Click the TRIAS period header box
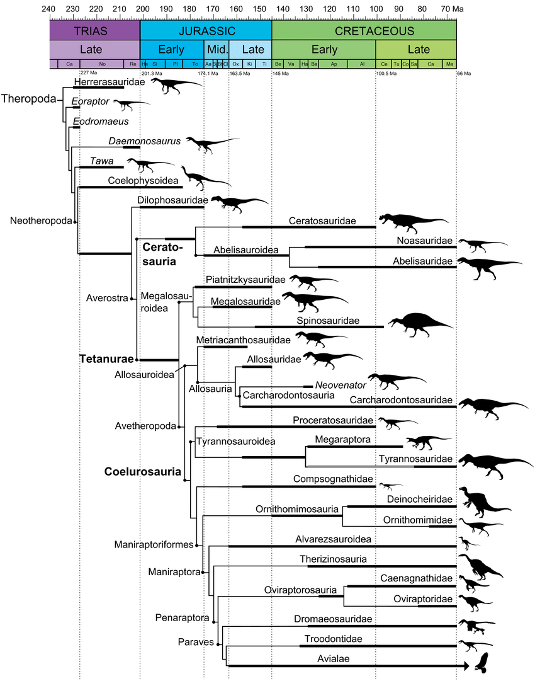(94, 31)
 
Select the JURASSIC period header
(206, 31)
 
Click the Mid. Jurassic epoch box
(216, 50)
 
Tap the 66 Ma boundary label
(464, 73)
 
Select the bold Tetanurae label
(107, 359)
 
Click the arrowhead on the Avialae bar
(466, 665)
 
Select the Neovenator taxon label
(340, 385)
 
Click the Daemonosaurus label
(145, 141)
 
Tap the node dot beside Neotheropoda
(75, 222)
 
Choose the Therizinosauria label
(333, 559)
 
